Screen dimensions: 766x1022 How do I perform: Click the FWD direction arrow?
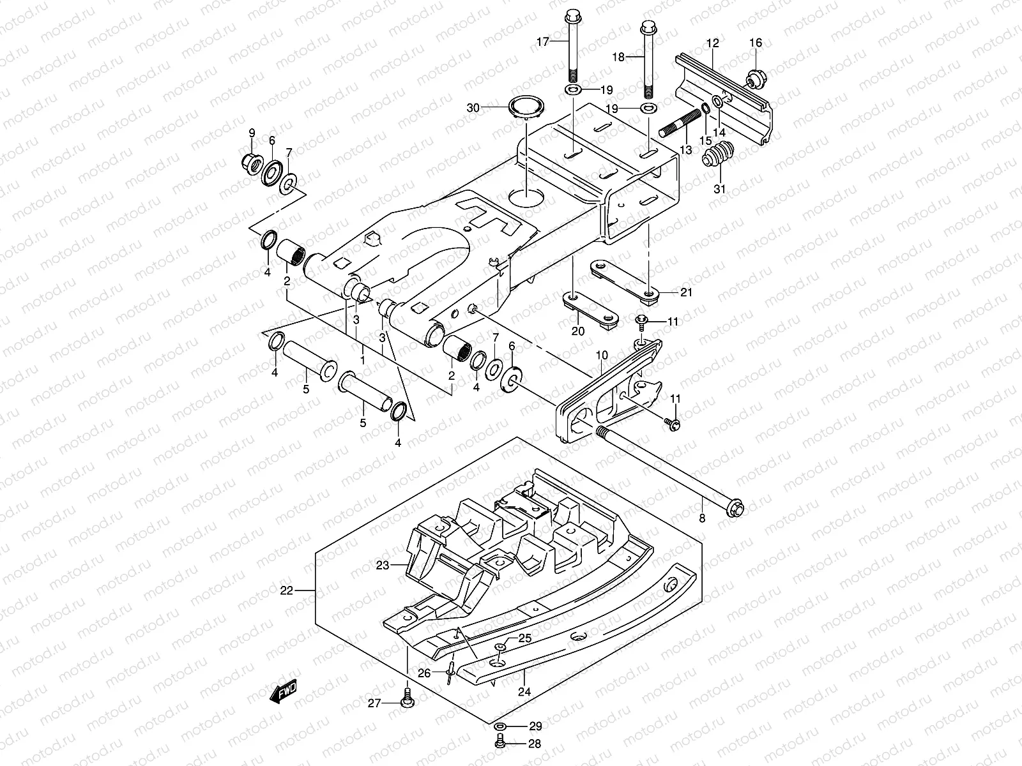click(x=283, y=691)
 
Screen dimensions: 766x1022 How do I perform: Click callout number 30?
click(x=491, y=108)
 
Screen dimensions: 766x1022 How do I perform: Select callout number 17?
click(x=542, y=42)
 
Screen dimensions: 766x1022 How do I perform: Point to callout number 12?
click(x=713, y=43)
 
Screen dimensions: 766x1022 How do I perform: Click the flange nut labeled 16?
click(x=754, y=79)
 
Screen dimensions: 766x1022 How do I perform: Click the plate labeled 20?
click(x=591, y=311)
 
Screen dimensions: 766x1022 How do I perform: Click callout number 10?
click(x=601, y=354)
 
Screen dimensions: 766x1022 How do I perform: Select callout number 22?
click(x=287, y=591)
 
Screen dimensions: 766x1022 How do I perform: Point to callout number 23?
click(x=382, y=564)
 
